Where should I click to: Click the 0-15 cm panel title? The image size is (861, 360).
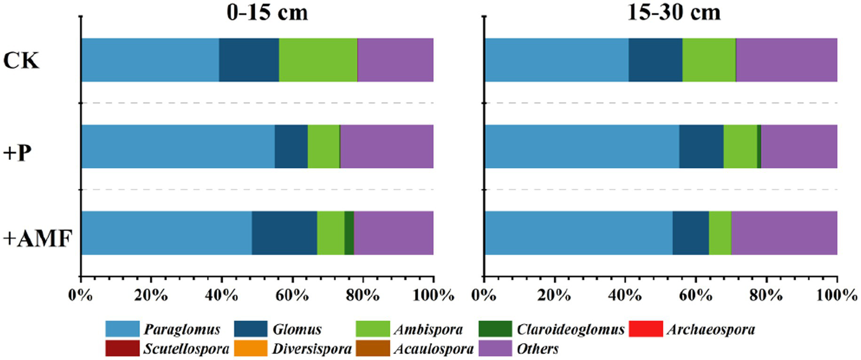(x=257, y=12)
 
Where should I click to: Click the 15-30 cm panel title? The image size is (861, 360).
(x=661, y=12)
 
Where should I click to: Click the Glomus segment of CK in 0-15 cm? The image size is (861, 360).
(x=248, y=60)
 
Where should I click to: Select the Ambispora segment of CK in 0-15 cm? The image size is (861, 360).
(x=318, y=60)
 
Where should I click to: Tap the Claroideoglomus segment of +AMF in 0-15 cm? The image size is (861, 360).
(x=349, y=233)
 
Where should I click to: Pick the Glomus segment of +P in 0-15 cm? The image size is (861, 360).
(x=291, y=146)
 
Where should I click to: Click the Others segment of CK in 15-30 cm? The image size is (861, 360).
(x=786, y=60)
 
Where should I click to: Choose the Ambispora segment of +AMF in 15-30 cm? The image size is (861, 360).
(x=720, y=233)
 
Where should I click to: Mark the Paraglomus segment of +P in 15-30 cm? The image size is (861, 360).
(x=582, y=146)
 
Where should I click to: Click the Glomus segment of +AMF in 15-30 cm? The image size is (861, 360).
(x=690, y=233)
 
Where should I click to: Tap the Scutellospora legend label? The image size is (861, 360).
(x=195, y=349)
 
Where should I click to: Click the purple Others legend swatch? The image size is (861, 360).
(x=498, y=349)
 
